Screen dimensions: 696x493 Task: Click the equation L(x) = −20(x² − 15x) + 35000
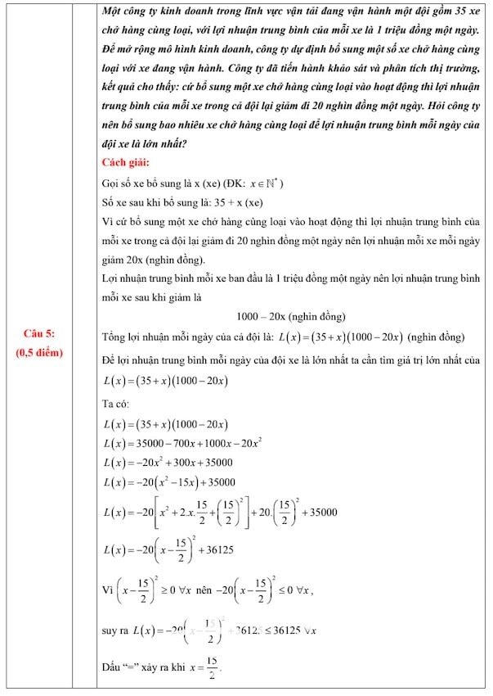point(169,482)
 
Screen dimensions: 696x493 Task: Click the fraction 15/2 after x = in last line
point(212,669)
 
